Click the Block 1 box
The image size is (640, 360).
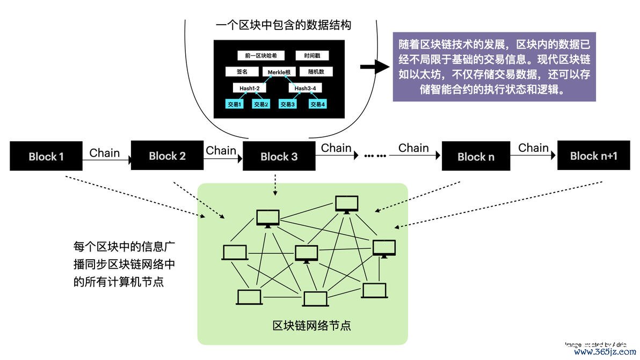pos(46,157)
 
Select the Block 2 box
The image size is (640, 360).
pos(167,156)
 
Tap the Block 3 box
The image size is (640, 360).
pos(279,157)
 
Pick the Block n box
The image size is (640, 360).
pos(475,157)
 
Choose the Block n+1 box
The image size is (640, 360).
pos(593,156)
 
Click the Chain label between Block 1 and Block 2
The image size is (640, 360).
pos(105,153)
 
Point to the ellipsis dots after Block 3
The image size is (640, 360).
pos(375,156)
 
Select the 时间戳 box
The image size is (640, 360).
pos(312,56)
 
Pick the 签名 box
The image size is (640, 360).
pos(242,71)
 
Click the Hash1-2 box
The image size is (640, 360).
pos(250,88)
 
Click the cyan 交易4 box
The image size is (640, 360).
pos(317,104)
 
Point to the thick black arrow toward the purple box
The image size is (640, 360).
pos(374,67)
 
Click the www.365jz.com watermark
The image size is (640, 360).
pos(605,352)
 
